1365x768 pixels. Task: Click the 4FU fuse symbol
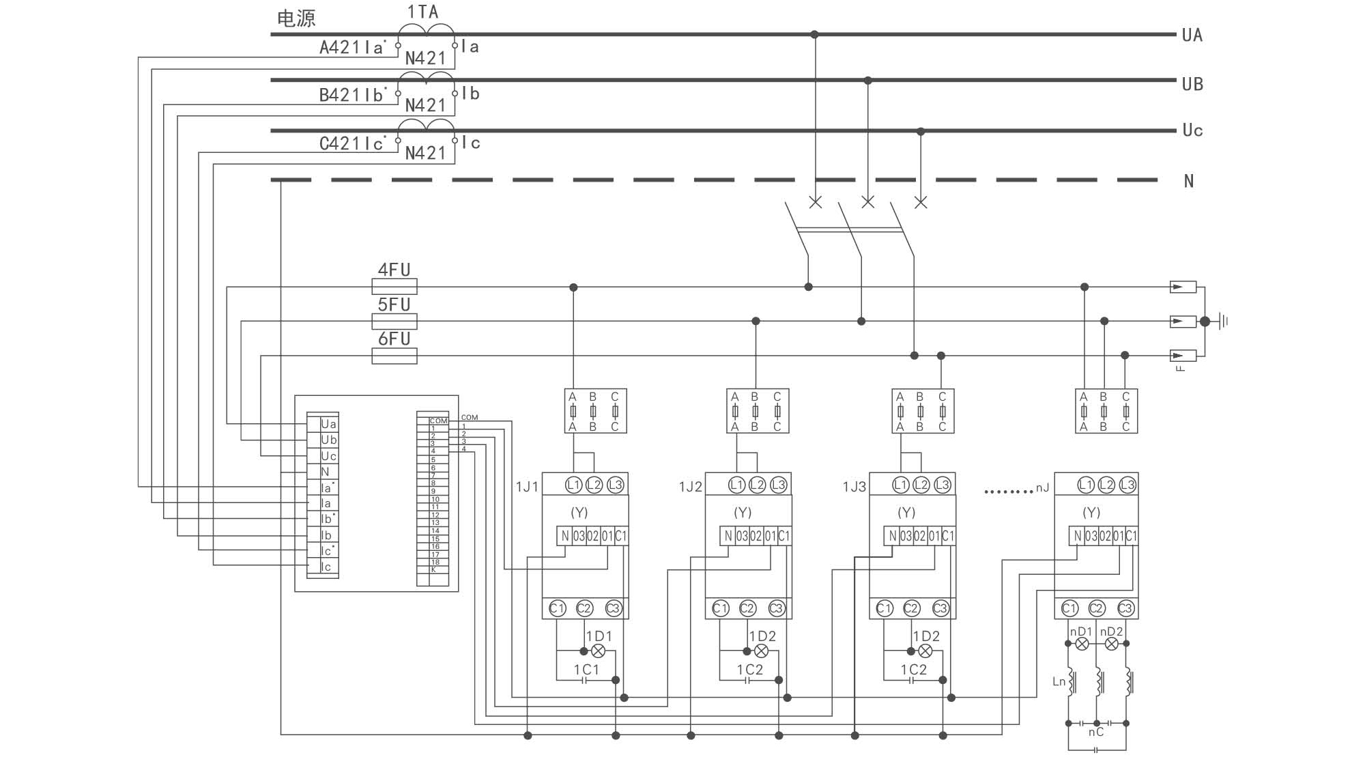tap(394, 287)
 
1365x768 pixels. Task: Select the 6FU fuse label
tap(394, 339)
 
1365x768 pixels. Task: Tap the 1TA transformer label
tap(422, 12)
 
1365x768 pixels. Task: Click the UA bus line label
tap(1192, 35)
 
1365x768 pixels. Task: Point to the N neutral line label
tap(1188, 181)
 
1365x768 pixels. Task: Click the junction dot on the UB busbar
tap(867, 81)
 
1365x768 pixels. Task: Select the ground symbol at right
tap(1222, 321)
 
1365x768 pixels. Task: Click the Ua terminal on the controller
tap(328, 424)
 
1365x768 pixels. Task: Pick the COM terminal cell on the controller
tap(438, 421)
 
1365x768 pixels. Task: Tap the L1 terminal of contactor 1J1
tap(573, 485)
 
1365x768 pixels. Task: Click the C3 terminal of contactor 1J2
tap(776, 608)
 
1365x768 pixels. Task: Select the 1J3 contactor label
tap(854, 487)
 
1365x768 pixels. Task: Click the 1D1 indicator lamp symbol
tap(598, 651)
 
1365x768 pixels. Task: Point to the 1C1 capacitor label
tap(586, 670)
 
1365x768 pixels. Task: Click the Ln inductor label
tap(1059, 681)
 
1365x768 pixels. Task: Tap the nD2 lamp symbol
tap(1111, 644)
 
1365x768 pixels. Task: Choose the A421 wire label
tap(340, 47)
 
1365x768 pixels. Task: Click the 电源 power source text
tap(296, 18)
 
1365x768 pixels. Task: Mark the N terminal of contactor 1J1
tap(564, 536)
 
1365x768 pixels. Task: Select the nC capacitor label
tap(1095, 732)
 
